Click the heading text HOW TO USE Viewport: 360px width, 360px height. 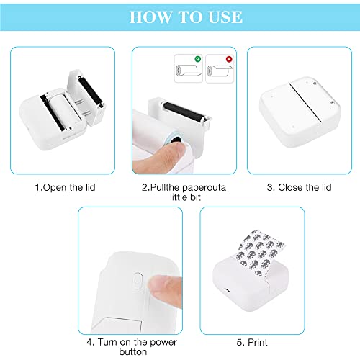pos(186,17)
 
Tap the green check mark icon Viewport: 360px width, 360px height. pos(198,59)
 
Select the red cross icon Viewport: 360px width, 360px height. pos(229,59)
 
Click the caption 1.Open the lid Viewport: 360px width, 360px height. pos(65,187)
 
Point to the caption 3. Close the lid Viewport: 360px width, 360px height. pos(299,187)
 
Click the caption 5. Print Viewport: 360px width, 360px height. pos(252,342)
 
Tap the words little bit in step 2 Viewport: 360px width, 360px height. pos(185,197)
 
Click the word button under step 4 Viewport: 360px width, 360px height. pos(133,352)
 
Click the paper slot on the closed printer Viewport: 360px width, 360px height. pos(305,102)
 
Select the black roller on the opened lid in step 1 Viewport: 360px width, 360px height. pos(91,91)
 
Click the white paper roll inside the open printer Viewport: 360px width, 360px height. pos(63,109)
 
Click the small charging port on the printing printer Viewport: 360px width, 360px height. pos(227,290)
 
